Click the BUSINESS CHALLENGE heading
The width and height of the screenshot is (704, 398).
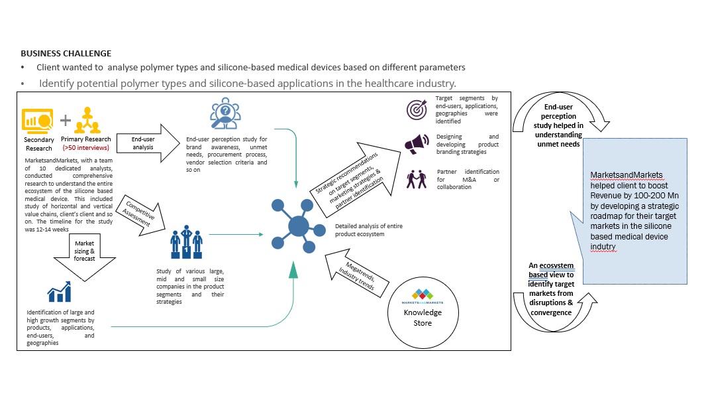point(66,53)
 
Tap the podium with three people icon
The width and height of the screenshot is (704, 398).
point(187,243)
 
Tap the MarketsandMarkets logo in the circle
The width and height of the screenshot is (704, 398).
point(422,295)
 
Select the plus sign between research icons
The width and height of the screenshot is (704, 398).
point(66,120)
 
